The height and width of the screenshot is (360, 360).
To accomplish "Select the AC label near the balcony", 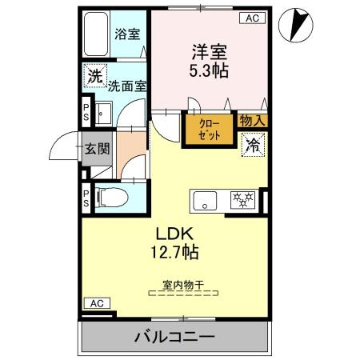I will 97,303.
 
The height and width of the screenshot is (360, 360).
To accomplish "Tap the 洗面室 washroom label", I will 127,86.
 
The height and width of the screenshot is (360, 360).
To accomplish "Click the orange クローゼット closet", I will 207,130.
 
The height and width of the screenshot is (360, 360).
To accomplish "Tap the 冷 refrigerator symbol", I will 252,145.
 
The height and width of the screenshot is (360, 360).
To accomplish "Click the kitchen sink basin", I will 206,200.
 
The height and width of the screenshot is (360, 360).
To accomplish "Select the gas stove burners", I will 241,199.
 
